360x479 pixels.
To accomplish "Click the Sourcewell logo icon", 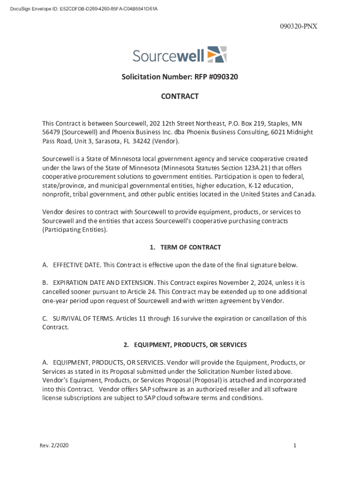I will (x=216, y=54).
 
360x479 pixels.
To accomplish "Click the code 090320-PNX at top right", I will (x=299, y=26).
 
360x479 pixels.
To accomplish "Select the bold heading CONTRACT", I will (x=180, y=96).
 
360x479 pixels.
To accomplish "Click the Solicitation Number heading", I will (x=180, y=77).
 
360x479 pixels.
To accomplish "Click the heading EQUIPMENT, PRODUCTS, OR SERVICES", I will (x=190, y=345).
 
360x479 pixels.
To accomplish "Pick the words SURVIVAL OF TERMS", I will (x=82, y=319).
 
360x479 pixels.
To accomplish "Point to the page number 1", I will (x=295, y=446).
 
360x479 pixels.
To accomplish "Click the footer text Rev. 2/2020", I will (x=54, y=446).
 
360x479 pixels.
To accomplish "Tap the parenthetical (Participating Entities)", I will (x=75, y=230).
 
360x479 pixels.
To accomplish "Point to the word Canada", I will (x=304, y=195).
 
